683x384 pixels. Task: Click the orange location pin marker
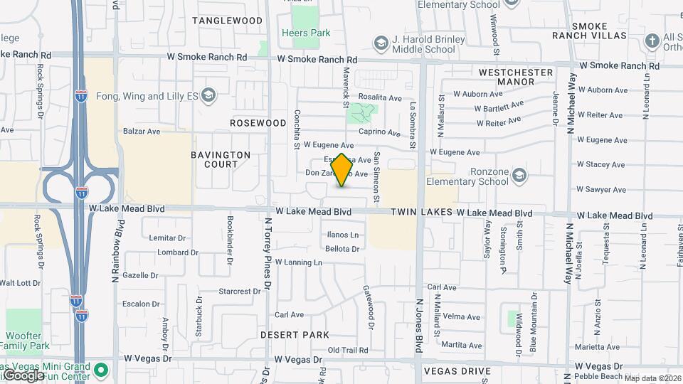pyautogui.click(x=341, y=170)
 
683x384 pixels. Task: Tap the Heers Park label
pyautogui.click(x=306, y=33)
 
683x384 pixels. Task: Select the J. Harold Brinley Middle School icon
pyautogui.click(x=381, y=43)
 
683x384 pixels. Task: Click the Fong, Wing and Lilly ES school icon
pyautogui.click(x=208, y=95)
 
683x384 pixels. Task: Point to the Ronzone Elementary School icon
pyautogui.click(x=521, y=175)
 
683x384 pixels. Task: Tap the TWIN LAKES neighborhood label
pyautogui.click(x=422, y=213)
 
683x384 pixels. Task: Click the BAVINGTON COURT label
pyautogui.click(x=221, y=159)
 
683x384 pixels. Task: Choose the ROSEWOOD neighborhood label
pyautogui.click(x=258, y=123)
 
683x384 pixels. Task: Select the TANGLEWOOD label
pyautogui.click(x=227, y=21)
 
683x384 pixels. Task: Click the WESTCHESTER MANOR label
pyautogui.click(x=516, y=77)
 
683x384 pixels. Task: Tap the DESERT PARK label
pyautogui.click(x=295, y=335)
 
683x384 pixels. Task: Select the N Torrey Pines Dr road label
pyautogui.click(x=268, y=251)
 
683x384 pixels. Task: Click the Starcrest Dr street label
pyautogui.click(x=240, y=292)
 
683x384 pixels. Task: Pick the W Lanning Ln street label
pyautogui.click(x=299, y=262)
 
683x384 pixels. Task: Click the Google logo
pyautogui.click(x=23, y=375)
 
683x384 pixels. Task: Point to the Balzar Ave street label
pyautogui.click(x=142, y=132)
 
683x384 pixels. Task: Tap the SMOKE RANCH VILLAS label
pyautogui.click(x=599, y=31)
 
